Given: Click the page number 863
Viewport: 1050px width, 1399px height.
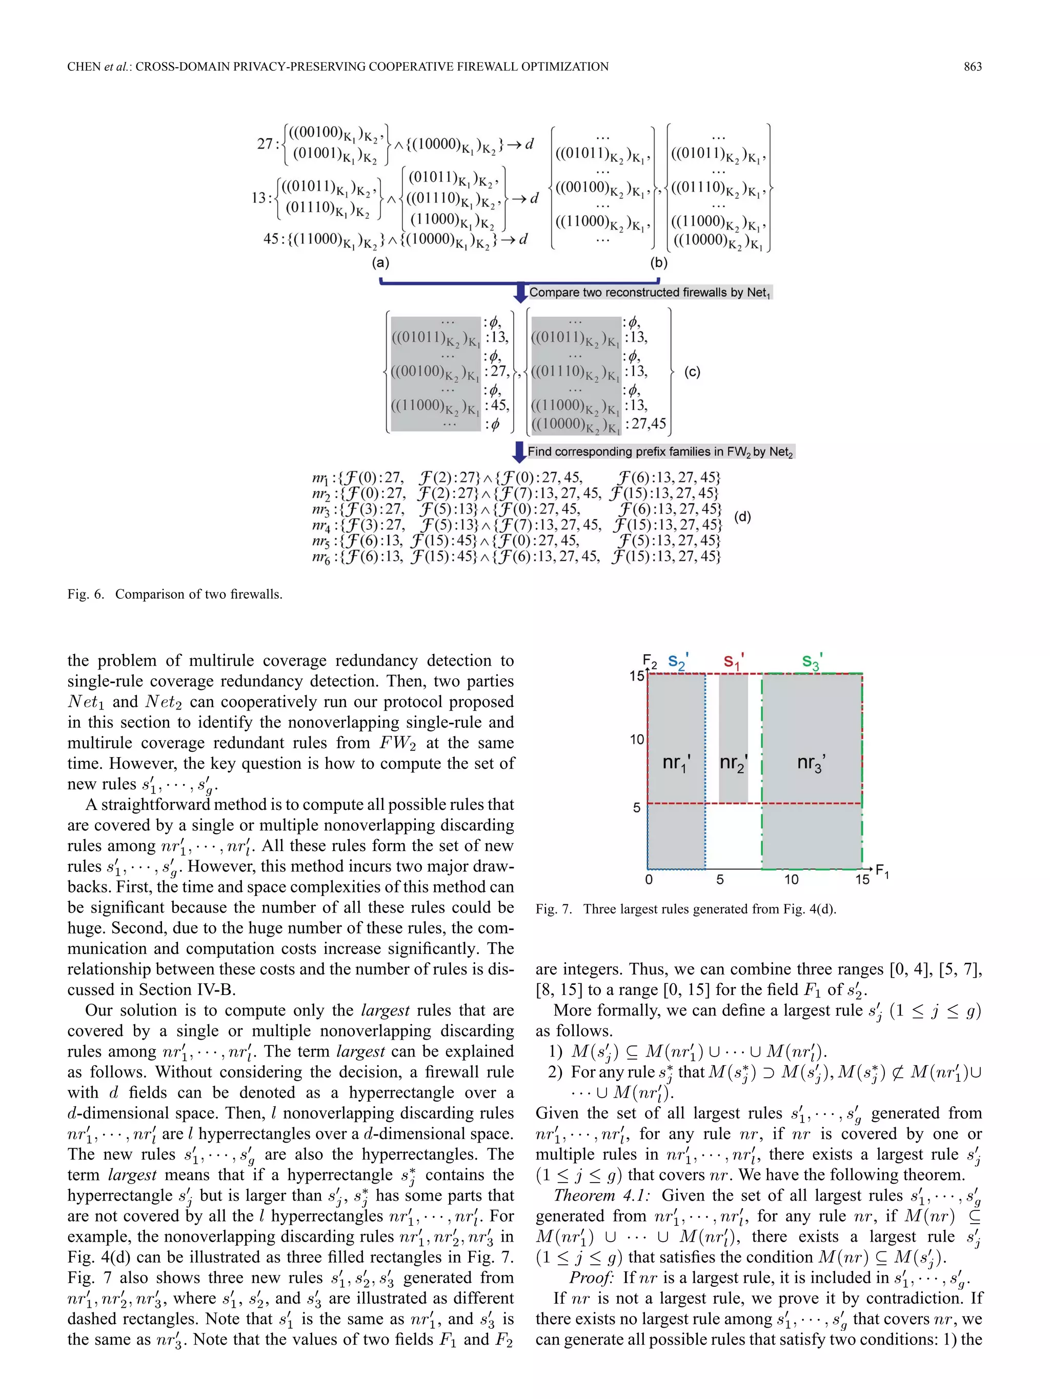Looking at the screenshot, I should pos(972,67).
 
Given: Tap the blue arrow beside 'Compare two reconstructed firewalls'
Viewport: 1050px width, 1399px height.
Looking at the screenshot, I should pos(520,292).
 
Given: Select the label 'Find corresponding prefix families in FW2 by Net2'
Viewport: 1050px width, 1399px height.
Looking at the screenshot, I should pos(660,452).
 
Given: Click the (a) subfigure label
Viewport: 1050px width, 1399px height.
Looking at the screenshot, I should pos(380,262).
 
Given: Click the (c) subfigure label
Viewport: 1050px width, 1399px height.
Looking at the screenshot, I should pos(693,372).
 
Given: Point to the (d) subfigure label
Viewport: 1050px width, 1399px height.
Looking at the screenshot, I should pos(742,517).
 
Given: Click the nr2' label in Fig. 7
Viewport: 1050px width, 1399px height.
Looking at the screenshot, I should pos(733,763).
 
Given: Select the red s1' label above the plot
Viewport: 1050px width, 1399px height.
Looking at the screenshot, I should pos(734,661).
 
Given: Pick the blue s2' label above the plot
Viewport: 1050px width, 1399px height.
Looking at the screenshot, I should pos(678,661).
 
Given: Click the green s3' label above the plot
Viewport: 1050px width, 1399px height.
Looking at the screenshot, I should pos(812,661).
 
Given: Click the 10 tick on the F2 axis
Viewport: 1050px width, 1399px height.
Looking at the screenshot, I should pos(636,739).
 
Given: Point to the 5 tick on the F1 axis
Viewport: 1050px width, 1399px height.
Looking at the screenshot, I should pos(720,880).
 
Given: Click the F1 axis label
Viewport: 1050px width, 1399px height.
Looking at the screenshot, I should pos(882,871).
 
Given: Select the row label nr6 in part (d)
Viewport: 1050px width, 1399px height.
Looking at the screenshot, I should pos(321,557).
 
